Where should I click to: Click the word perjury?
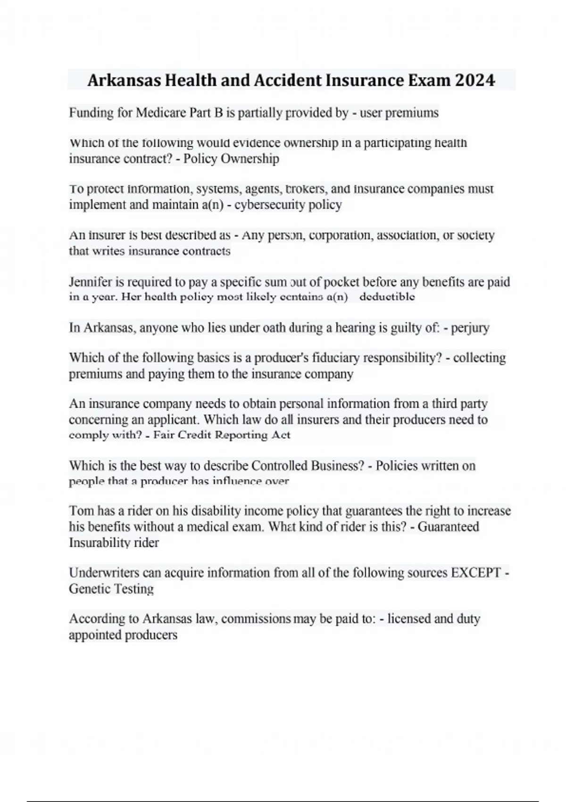(470, 327)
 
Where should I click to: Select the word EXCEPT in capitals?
(475, 573)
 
